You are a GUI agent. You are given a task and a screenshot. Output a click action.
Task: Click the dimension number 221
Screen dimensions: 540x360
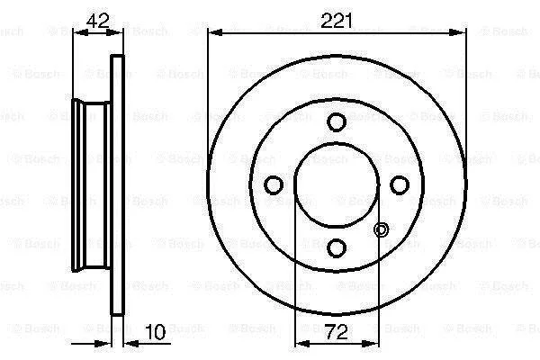(337, 22)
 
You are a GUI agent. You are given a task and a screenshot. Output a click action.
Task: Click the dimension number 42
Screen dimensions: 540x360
(98, 21)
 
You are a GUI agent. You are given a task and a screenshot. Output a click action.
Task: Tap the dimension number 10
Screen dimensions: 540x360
(156, 332)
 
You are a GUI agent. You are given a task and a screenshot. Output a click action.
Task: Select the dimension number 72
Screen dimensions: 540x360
(336, 332)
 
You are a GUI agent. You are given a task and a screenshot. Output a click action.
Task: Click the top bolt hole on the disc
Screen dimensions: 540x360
(336, 121)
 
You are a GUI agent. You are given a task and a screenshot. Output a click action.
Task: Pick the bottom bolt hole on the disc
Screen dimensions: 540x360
(336, 247)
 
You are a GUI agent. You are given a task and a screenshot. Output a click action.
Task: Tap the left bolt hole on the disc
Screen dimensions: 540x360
(274, 184)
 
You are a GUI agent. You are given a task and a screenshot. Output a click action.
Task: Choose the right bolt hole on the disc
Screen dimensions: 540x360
(400, 184)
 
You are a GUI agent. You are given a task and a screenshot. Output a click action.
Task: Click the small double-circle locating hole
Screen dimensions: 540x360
(382, 229)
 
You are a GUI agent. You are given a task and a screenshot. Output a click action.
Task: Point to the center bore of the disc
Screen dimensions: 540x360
(337, 184)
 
